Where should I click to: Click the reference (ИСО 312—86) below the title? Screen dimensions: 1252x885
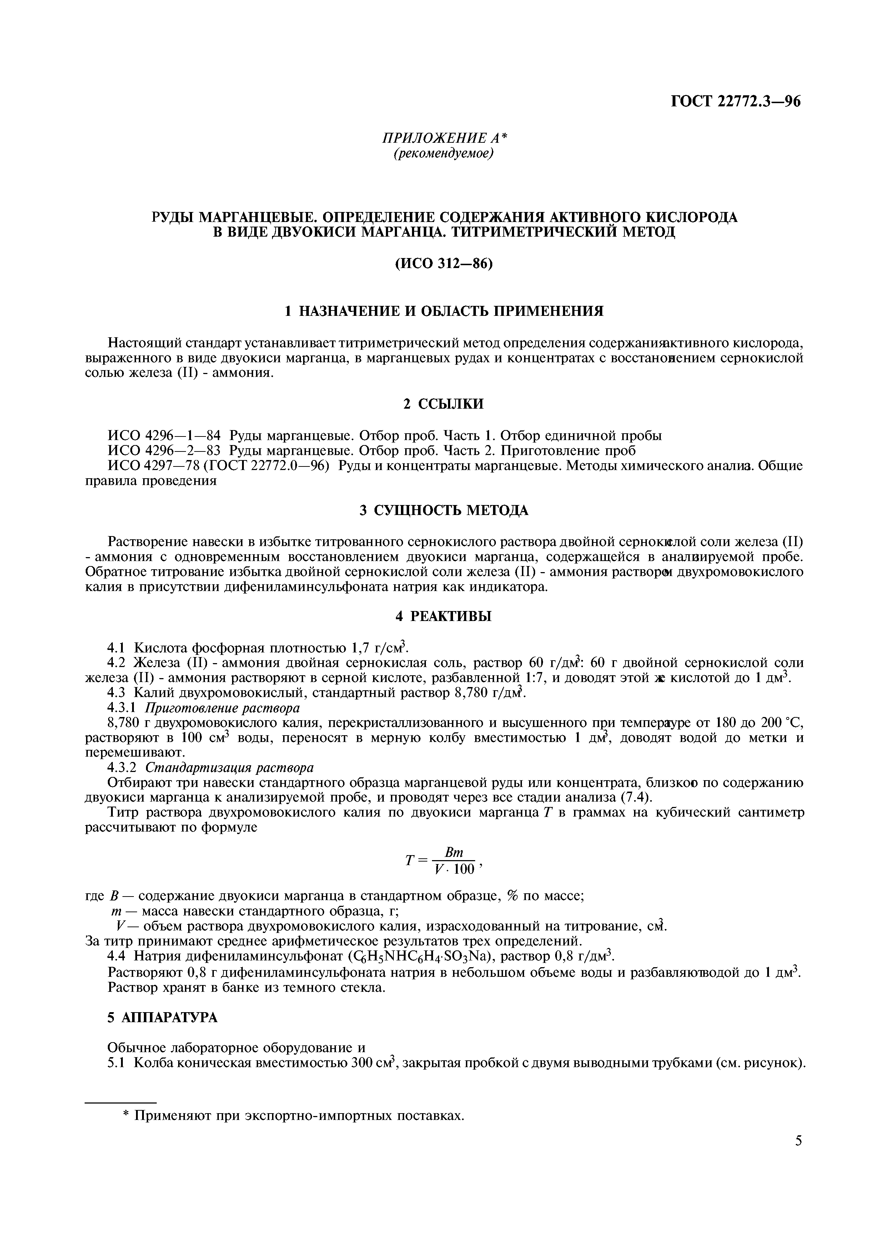coord(443,263)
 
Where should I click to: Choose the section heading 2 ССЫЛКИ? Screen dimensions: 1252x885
coord(443,404)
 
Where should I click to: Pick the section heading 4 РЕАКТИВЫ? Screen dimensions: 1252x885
coord(443,617)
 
